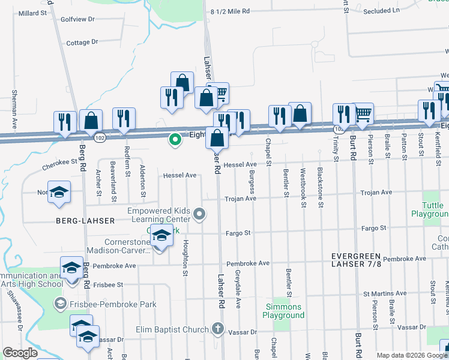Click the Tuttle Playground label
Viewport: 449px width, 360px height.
pos(428,209)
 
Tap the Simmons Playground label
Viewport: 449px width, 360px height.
pos(285,311)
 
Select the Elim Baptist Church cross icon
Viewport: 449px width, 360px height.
pos(217,329)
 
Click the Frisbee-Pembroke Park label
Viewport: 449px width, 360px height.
pos(113,304)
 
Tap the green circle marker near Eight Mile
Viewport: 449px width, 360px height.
pos(175,140)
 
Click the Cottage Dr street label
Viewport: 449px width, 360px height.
pos(82,43)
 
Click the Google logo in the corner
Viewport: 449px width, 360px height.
pos(20,353)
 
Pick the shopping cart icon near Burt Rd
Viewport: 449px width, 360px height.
pos(363,113)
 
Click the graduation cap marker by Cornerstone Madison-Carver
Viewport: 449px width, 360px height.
pos(161,236)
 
